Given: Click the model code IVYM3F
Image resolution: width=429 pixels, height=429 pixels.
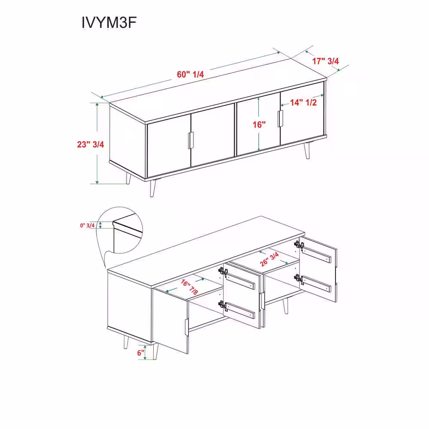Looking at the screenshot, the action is point(109,22).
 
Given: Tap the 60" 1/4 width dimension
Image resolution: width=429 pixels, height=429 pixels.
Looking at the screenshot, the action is point(190,74).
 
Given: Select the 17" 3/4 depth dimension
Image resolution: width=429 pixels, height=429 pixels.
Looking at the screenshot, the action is point(326,61).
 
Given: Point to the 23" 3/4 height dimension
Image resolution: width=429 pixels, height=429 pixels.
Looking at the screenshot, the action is point(91,144).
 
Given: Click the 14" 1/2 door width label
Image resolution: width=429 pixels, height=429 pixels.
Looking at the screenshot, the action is point(303,103).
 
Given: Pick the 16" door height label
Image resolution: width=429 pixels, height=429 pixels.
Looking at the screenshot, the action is point(259,124).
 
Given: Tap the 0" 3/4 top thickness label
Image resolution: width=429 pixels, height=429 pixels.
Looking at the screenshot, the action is point(87,226).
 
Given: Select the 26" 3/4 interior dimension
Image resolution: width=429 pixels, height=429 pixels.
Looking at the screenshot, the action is point(269,259).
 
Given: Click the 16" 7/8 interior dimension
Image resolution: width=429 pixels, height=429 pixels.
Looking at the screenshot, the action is point(189,287).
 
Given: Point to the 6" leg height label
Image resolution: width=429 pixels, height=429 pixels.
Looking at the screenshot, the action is point(141,353).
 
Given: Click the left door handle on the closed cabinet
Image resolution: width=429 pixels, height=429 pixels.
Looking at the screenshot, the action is point(191,141).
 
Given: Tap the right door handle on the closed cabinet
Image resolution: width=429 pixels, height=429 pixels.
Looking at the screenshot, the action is point(280,118).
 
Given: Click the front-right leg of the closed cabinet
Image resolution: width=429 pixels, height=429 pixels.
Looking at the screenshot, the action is point(307,151).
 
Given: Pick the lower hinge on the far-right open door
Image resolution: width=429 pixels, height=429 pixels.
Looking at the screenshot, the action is point(299,278).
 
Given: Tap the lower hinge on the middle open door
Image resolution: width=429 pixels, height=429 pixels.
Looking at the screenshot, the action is point(223,305).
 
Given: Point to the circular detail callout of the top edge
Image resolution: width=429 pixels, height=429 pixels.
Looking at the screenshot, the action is point(120,230).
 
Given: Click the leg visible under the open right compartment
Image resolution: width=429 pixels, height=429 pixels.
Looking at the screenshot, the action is point(285,306).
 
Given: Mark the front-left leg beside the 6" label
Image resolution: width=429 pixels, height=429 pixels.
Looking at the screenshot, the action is point(155,351).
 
